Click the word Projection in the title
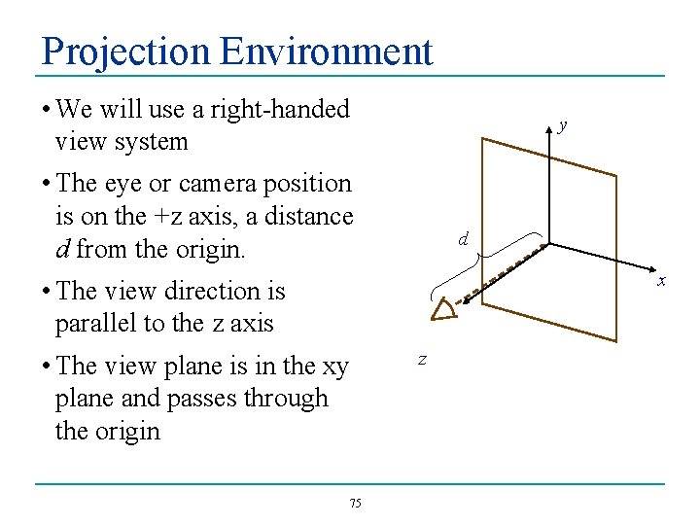[126, 51]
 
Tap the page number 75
[355, 503]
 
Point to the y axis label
[563, 125]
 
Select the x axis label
[661, 282]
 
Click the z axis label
[422, 359]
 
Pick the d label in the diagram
[464, 238]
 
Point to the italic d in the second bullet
[62, 248]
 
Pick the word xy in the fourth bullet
[335, 366]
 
